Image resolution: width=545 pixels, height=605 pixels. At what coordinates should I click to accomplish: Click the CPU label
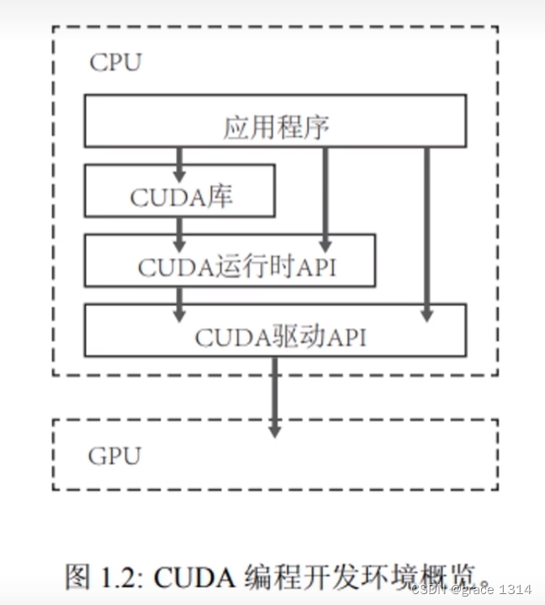[115, 62]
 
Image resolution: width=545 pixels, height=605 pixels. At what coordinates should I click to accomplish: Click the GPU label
[114, 455]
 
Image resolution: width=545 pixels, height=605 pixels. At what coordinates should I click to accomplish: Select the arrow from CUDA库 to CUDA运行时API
[178, 229]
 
